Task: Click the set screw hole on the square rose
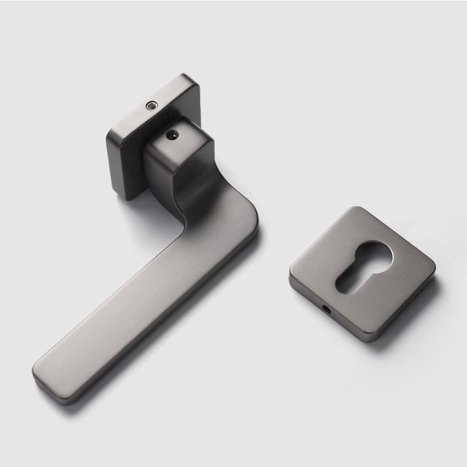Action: (150, 106)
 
